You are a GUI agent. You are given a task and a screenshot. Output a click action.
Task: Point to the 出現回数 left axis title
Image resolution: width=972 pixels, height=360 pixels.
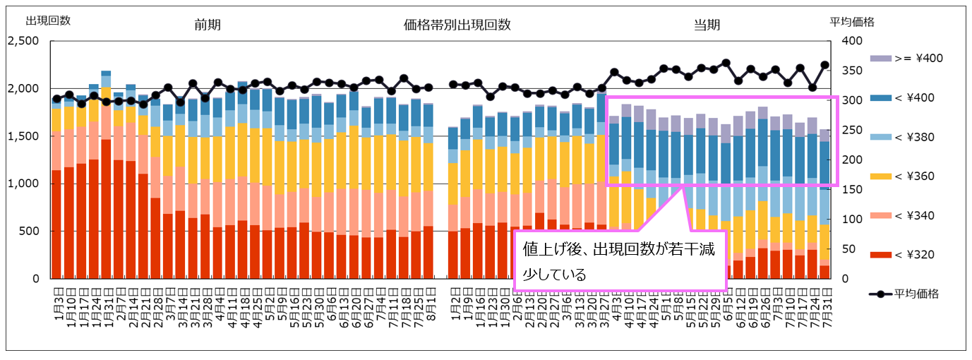(48, 20)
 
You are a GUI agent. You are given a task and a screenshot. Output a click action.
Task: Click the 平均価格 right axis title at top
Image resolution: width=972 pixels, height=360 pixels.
(852, 22)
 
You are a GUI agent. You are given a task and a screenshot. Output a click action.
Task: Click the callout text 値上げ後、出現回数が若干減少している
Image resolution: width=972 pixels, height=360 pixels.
(620, 262)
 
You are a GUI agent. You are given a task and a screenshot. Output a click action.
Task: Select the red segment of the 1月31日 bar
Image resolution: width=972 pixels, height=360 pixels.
(106, 212)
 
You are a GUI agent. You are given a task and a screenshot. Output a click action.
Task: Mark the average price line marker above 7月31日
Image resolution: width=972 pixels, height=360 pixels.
(824, 65)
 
